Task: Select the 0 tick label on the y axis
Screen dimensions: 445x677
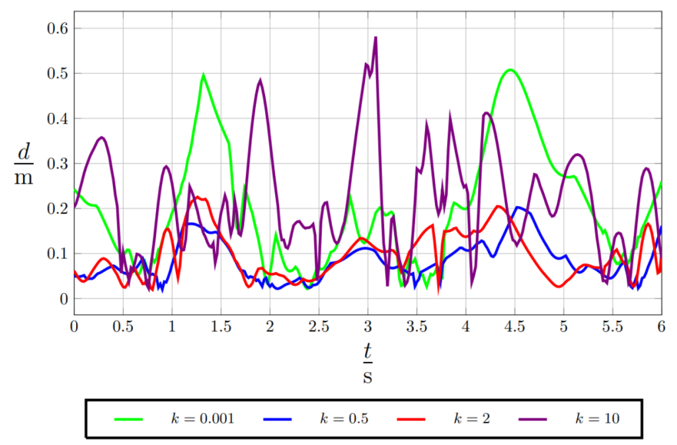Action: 63,298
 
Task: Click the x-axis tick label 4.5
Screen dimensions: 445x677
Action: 514,328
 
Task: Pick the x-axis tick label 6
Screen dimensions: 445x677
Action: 661,328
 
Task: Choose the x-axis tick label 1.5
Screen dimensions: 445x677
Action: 221,328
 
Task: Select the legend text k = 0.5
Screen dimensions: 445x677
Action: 344,418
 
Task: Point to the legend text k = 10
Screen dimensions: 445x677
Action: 598,418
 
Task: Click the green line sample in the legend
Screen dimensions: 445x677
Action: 128,419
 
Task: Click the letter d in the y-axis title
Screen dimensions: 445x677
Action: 24,153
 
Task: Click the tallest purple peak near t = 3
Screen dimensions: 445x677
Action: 376,38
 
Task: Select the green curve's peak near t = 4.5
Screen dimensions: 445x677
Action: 510,69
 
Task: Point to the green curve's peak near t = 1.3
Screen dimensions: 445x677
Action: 203,75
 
